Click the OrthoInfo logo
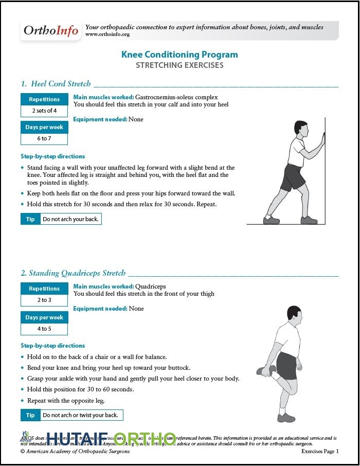tap(51, 31)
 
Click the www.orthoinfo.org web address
tap(107, 34)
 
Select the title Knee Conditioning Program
tap(179, 55)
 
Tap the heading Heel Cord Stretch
tap(61, 84)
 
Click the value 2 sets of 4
tap(44, 111)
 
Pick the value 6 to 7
tap(44, 139)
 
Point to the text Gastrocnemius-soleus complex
tap(176, 97)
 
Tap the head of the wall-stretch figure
tap(301, 129)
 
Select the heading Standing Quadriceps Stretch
tap(77, 273)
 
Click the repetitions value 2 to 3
tap(44, 300)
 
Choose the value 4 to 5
tap(44, 329)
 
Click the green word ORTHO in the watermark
tap(145, 438)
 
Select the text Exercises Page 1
tap(320, 452)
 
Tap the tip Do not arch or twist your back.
tap(80, 415)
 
